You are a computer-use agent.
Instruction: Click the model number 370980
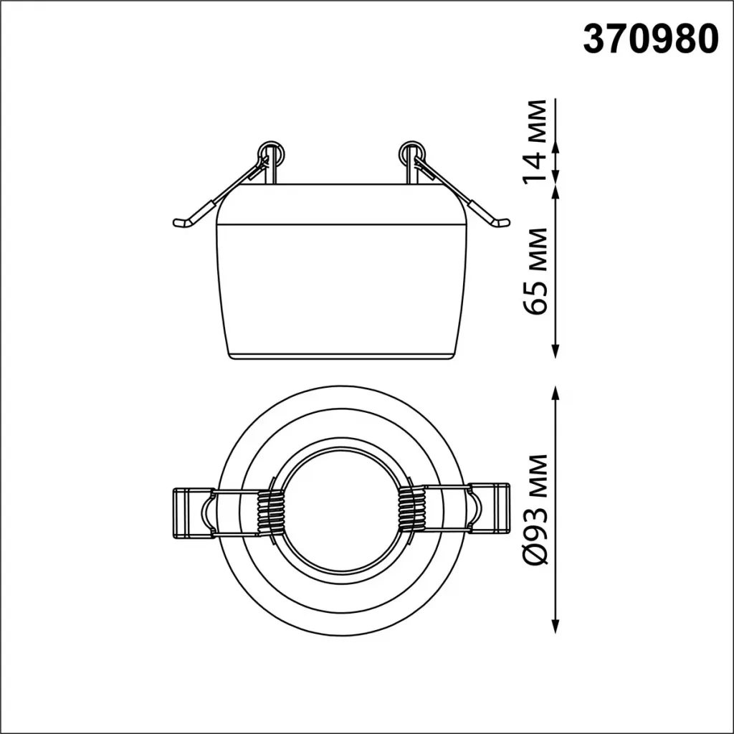coord(651,40)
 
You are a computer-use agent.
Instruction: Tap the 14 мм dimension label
coord(535,140)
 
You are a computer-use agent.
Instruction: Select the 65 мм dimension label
coord(535,271)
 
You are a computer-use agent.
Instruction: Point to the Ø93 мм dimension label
coord(535,510)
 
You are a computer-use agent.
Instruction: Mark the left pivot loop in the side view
coord(271,153)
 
